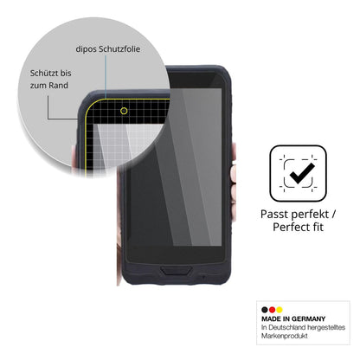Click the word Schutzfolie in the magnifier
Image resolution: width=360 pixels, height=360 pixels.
119,49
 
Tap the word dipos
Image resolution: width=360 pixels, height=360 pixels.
86,49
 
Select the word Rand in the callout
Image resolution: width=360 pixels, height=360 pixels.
58,86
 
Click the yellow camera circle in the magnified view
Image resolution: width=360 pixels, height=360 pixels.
124,111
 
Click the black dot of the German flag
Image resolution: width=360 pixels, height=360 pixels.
265,310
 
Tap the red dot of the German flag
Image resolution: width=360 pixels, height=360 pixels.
272,310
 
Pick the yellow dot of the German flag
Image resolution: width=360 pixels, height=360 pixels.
279,310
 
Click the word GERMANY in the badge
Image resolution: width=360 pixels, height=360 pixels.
308,319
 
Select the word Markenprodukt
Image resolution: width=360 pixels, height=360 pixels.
285,336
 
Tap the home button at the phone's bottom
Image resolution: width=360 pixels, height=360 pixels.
176,271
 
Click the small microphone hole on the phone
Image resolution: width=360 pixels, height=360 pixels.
203,277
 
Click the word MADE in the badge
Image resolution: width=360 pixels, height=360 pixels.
272,319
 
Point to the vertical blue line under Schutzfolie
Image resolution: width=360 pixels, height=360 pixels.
106,77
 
